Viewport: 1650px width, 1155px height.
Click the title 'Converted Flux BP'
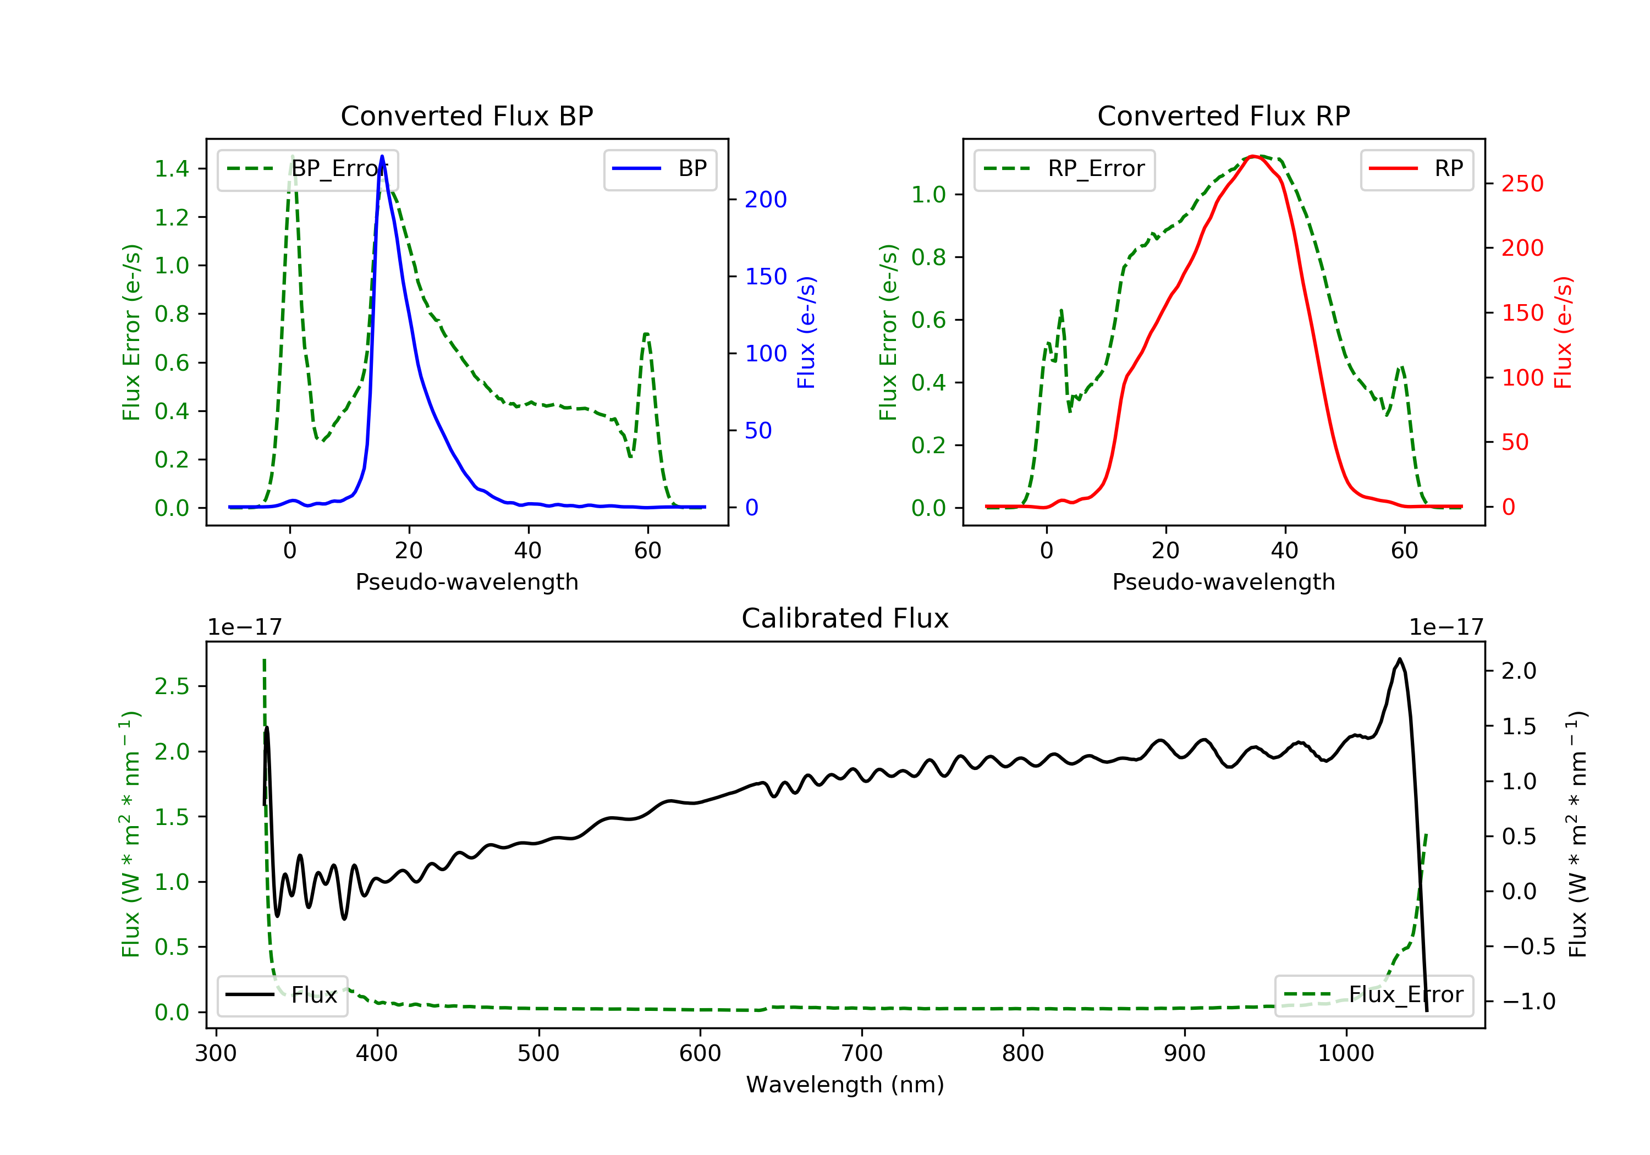point(467,116)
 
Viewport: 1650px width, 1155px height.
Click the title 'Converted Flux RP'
point(1224,116)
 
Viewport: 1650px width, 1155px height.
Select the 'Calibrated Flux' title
point(845,618)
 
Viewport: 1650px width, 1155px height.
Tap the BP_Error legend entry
point(307,169)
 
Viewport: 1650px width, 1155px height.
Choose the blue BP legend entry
point(659,169)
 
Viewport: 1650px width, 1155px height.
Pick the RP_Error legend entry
point(1064,169)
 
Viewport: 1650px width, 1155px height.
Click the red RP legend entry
point(1416,169)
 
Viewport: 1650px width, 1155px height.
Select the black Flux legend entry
point(283,996)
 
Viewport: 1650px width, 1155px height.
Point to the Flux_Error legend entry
point(1373,996)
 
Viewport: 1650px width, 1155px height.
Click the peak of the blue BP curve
point(382,156)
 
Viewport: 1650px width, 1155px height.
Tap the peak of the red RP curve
point(1252,156)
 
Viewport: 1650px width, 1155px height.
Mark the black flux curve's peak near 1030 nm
point(1399,659)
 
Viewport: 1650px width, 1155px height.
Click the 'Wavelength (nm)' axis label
point(845,1085)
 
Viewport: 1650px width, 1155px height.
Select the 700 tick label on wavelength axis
point(862,1054)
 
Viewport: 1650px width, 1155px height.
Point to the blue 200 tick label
point(766,200)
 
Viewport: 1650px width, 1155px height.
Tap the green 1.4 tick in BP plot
point(172,169)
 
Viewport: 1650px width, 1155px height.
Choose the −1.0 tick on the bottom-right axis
point(1528,1002)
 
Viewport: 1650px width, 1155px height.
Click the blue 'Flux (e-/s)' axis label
point(806,333)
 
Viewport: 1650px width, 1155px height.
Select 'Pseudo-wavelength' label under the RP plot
point(1224,581)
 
